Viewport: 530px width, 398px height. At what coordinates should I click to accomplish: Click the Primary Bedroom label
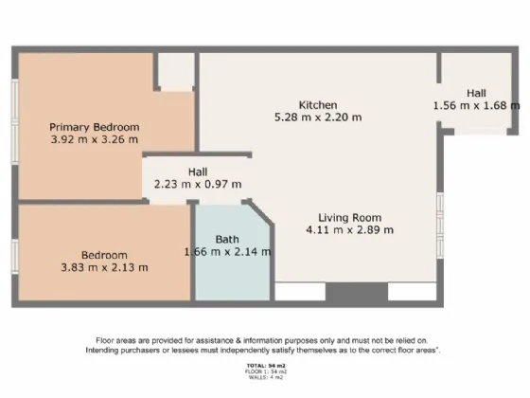(95, 127)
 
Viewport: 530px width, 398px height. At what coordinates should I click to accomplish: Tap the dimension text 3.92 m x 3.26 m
(95, 139)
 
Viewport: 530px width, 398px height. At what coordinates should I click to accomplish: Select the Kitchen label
(318, 104)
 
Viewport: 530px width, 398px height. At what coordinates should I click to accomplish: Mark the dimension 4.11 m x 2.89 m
(349, 229)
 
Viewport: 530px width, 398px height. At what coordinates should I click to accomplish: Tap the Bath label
(227, 239)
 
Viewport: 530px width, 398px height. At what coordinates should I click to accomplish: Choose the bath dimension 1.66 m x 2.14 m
(227, 251)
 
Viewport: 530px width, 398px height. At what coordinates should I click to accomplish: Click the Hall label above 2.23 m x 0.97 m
(198, 172)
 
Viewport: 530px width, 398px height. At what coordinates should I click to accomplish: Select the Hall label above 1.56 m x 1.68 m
(476, 93)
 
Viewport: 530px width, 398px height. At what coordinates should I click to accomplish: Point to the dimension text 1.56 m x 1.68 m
(476, 105)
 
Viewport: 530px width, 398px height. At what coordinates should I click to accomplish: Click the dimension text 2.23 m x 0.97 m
(198, 184)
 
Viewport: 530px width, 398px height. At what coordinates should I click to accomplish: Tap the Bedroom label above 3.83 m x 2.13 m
(104, 255)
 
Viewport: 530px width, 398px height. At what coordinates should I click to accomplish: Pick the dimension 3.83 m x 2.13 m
(104, 267)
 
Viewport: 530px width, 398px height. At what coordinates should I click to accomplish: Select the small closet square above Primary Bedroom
(174, 72)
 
